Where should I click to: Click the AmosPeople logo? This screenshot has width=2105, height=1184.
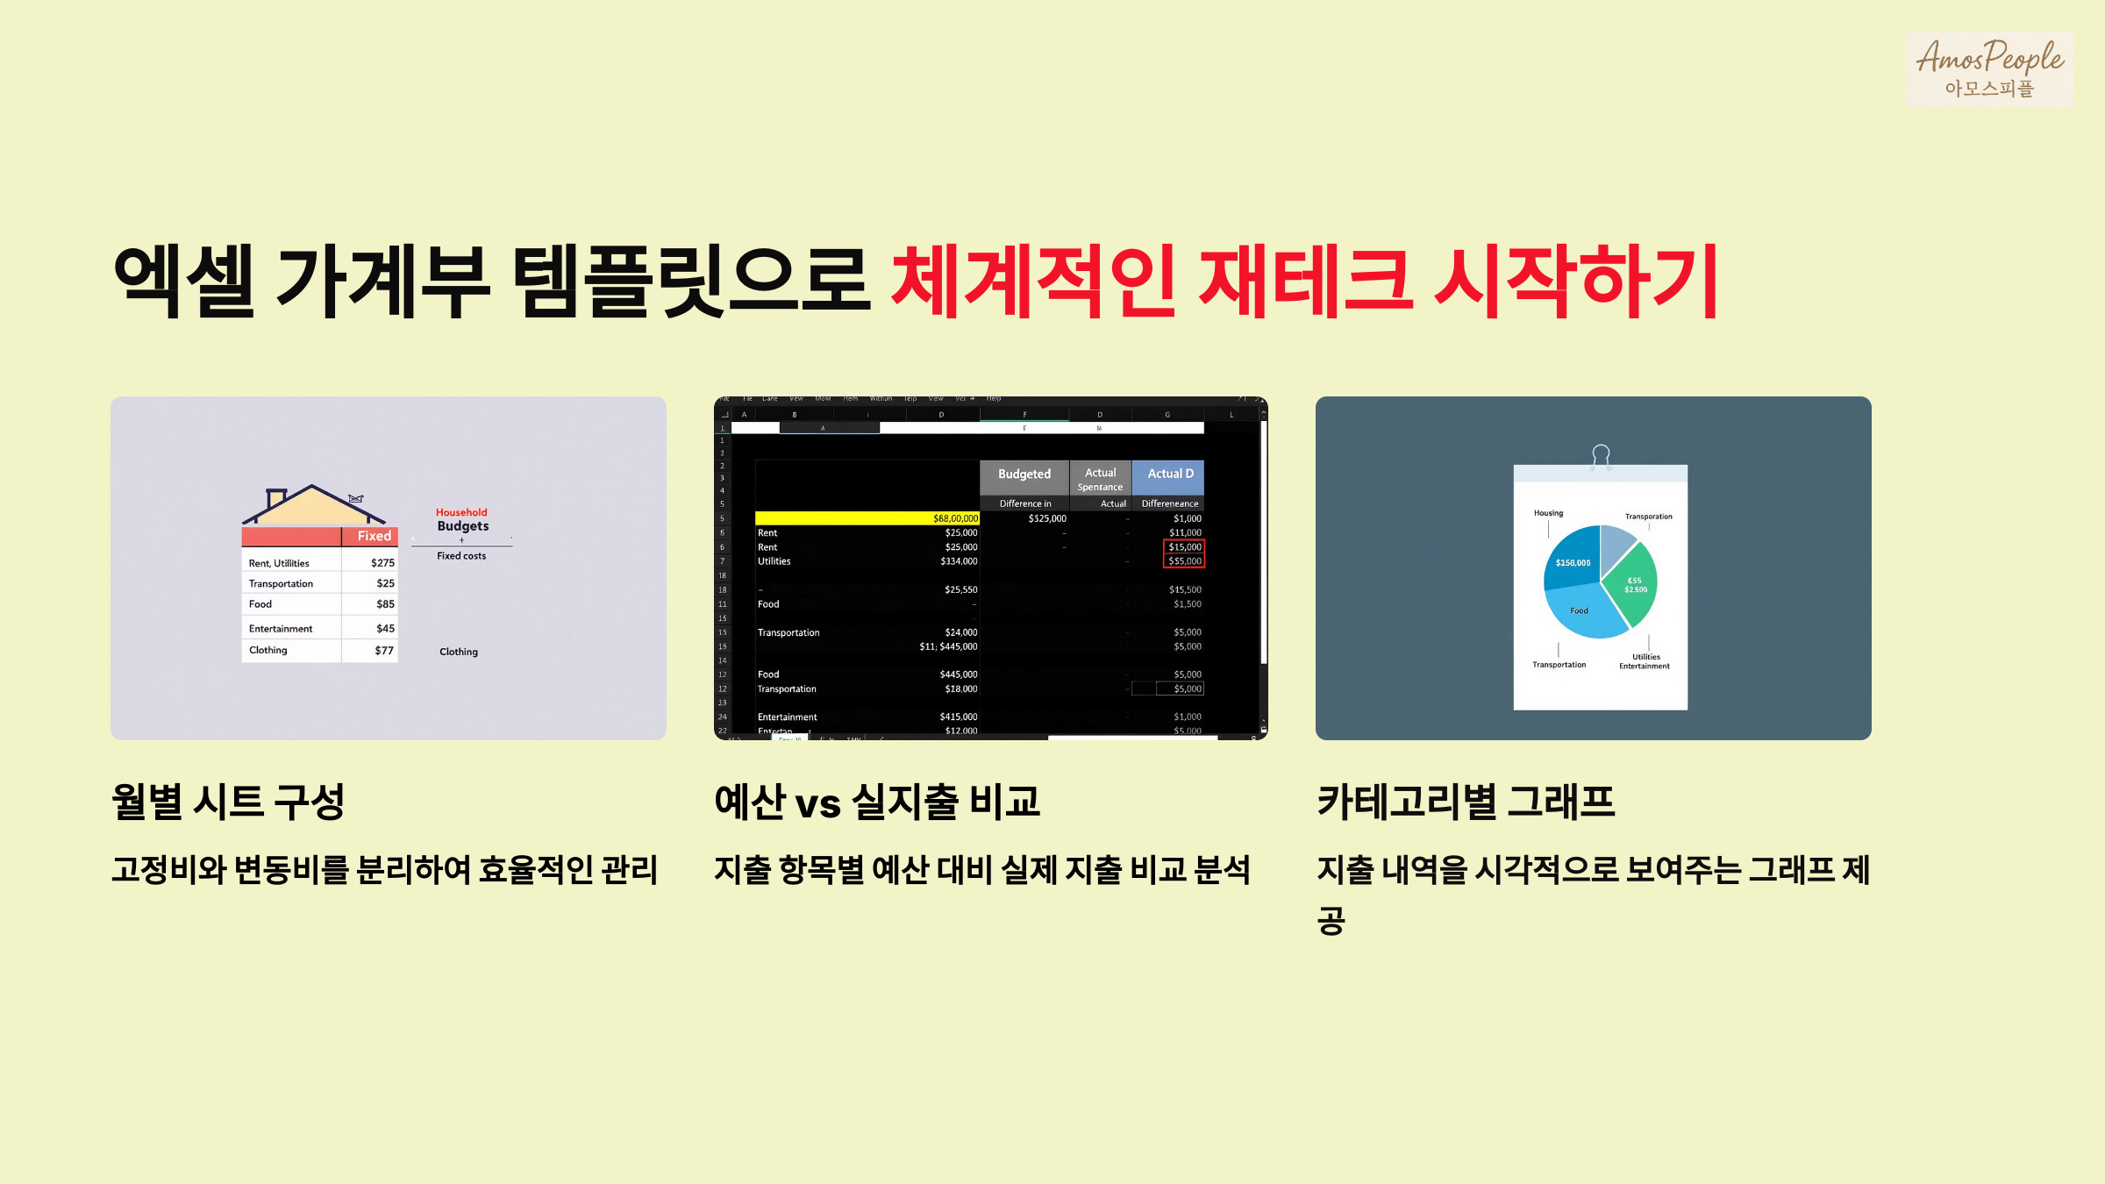coord(1988,68)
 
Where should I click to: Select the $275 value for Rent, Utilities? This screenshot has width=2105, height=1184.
coord(382,563)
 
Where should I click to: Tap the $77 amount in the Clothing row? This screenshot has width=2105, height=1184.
coord(383,651)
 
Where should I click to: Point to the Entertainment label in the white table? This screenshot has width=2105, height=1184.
coord(281,629)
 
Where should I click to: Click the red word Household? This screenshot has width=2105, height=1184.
coord(461,512)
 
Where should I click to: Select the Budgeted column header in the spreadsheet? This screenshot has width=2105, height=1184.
coord(1024,474)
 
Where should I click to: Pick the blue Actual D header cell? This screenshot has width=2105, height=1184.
coord(1169,474)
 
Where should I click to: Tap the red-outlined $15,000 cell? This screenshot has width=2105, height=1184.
coord(1184,547)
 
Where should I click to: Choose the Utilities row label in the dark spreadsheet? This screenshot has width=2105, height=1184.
coord(774,561)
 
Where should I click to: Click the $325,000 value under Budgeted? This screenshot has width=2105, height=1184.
coord(1047,518)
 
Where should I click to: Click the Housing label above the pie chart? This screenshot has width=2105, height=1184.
coord(1548,513)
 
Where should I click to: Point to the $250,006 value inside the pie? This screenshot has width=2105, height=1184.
coord(1573,563)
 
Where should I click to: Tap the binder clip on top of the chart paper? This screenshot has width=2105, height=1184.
coord(1601,456)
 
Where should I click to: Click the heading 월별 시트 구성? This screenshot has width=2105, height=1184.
coord(228,802)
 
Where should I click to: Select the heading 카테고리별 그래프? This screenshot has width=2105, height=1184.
coord(1466,802)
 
